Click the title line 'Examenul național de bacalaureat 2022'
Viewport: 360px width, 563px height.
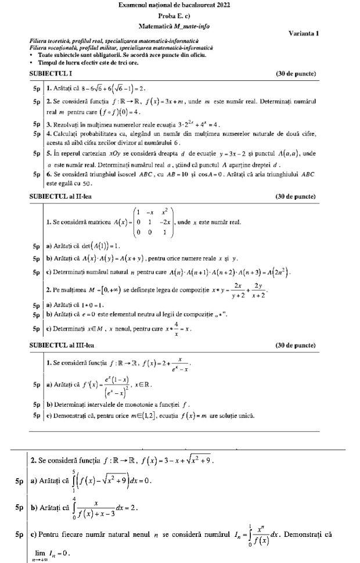click(x=179, y=5)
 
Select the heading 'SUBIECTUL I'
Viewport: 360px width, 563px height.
click(x=50, y=74)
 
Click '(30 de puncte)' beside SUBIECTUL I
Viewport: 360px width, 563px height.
click(x=296, y=74)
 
